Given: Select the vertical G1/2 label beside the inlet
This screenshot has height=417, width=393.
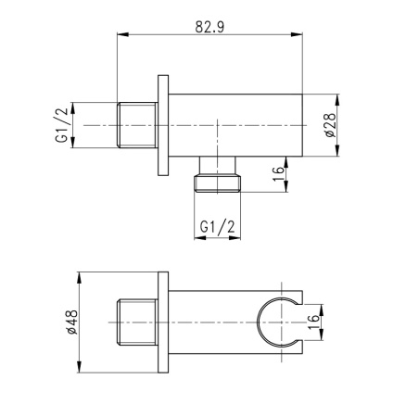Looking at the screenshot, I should [62, 123].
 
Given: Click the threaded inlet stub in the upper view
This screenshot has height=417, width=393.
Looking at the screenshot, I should [139, 123].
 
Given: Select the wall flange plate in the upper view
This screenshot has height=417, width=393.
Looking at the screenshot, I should [164, 123].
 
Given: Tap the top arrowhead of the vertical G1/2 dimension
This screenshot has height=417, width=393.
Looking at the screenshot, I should [76, 101].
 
